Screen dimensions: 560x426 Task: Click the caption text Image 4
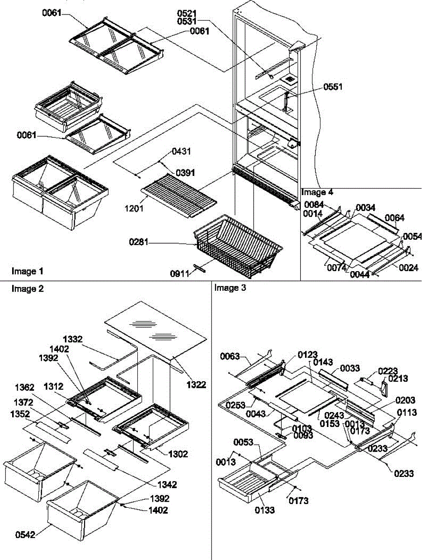[318, 192]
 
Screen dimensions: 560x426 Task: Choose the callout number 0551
[333, 87]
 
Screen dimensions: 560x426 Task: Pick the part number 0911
[178, 274]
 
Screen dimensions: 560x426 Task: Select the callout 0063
[230, 357]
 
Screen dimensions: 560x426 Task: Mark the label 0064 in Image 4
[395, 217]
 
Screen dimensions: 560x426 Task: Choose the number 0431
[181, 152]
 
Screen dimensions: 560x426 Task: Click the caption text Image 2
[28, 289]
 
